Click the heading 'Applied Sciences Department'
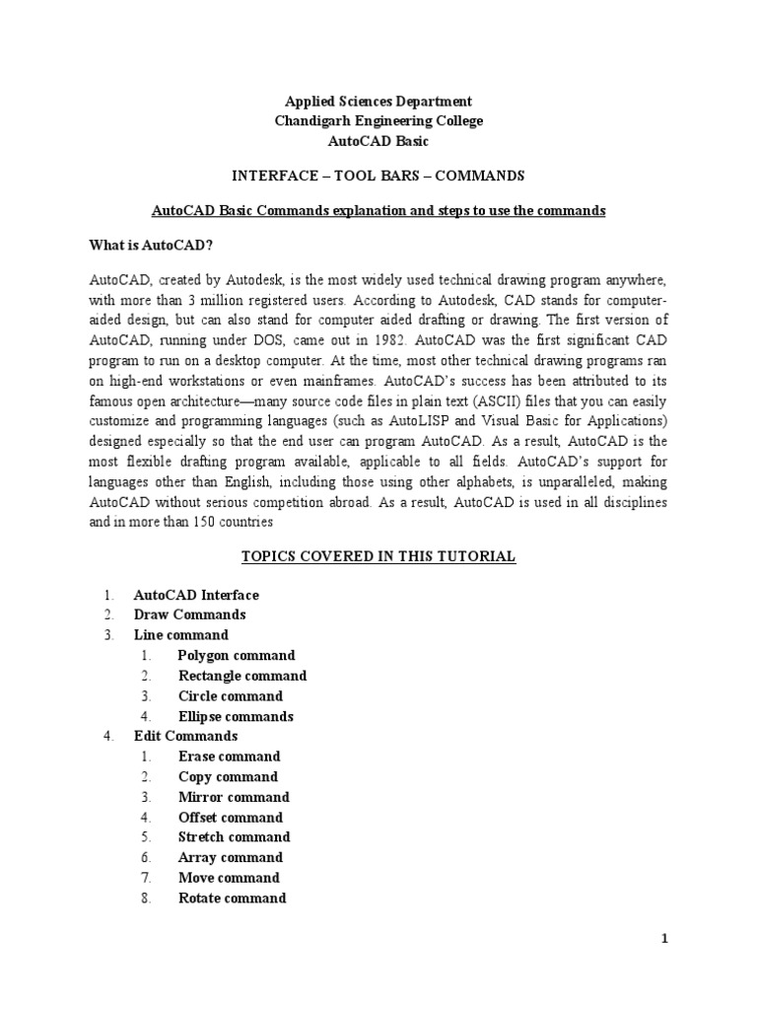(378, 101)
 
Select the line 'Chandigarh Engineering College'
(378, 120)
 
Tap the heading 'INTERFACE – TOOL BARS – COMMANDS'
(378, 177)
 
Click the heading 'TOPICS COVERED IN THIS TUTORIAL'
(378, 556)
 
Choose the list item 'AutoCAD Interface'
(196, 595)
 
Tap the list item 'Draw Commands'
(189, 614)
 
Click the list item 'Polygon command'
(237, 655)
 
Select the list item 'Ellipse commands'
(236, 716)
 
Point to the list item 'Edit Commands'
(185, 736)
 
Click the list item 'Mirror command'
(234, 797)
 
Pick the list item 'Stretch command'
(235, 837)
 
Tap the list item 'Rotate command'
(233, 898)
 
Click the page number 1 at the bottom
(665, 940)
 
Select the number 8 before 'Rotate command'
(144, 898)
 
